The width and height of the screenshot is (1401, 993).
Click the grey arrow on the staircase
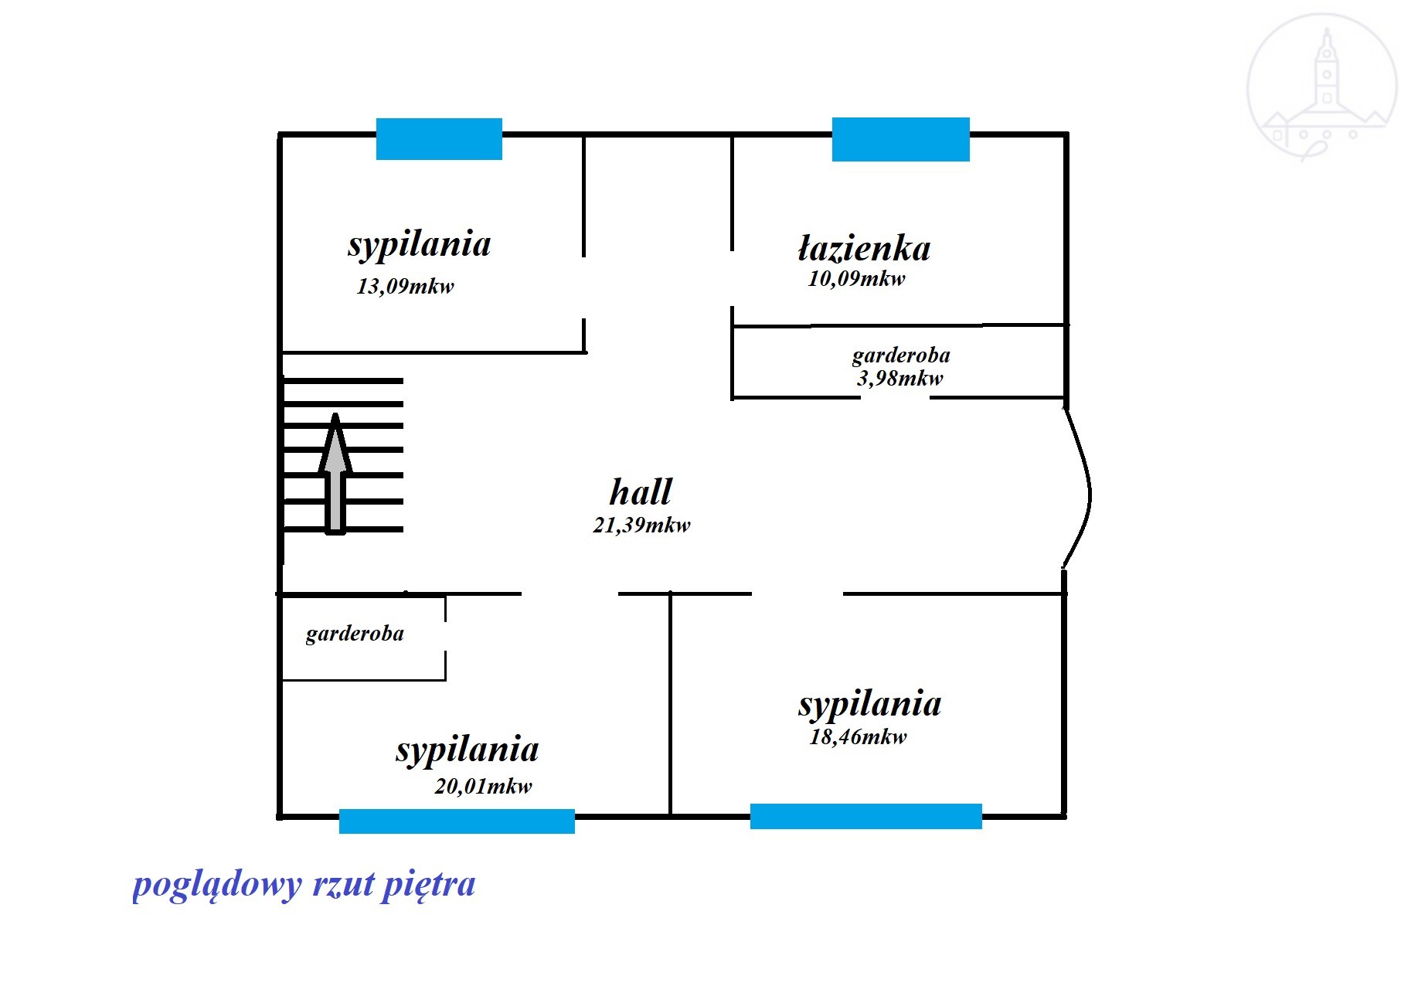[x=335, y=474]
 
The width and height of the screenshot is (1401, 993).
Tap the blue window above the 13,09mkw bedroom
[x=439, y=139]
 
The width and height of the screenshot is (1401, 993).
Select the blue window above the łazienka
[x=900, y=139]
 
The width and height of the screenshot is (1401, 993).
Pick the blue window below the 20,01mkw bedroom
[x=457, y=821]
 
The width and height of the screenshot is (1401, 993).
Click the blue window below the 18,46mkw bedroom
[x=865, y=817]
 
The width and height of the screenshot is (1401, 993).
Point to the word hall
[x=641, y=491]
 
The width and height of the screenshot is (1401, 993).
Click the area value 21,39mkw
[x=641, y=525]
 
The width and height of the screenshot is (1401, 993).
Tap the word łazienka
[x=864, y=247]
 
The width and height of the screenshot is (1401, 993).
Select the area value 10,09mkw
[x=856, y=279]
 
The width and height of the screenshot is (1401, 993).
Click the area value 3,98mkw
[x=899, y=379]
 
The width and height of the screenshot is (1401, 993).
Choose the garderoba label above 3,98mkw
[x=901, y=355]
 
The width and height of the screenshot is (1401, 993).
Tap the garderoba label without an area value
[x=355, y=634]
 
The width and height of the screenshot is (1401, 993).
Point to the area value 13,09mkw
[x=405, y=287]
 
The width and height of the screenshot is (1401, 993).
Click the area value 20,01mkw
[x=483, y=787]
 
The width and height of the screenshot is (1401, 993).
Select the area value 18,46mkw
[x=858, y=737]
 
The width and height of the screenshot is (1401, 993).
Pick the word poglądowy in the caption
[x=217, y=886]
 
